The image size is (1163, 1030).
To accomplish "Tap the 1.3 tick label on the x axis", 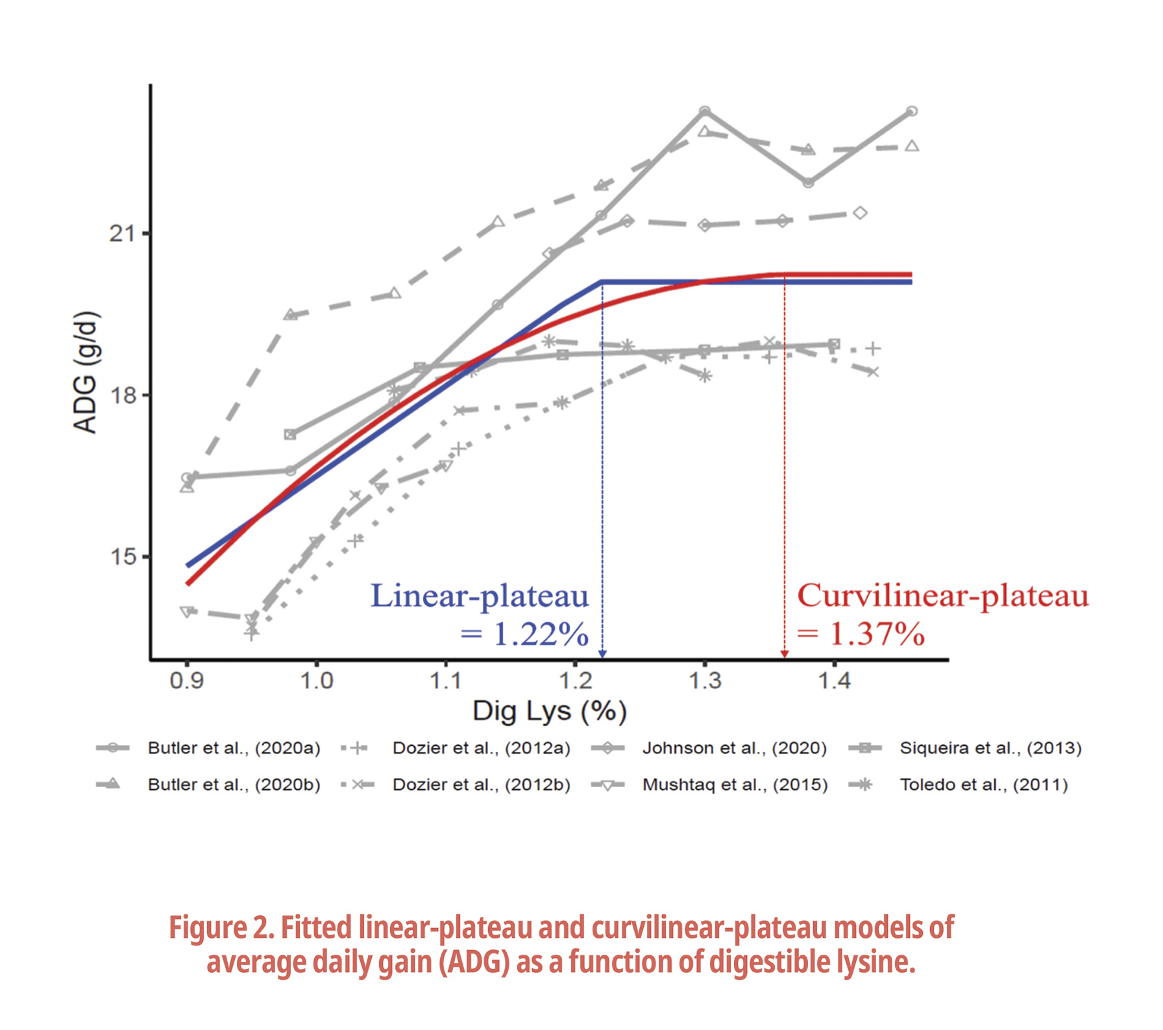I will coord(705,681).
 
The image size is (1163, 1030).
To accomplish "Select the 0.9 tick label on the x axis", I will coord(187,681).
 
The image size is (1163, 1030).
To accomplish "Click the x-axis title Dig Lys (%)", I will coord(549,711).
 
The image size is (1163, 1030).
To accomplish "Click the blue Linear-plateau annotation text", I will coord(480,596).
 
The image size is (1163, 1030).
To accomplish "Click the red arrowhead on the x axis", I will coord(785,654).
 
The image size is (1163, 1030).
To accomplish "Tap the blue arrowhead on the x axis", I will coord(602,654).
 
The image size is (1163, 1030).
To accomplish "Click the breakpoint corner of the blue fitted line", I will coord(602,282).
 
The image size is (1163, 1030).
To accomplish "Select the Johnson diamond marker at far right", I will coord(861,213).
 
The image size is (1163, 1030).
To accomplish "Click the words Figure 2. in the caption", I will coord(221,927).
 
